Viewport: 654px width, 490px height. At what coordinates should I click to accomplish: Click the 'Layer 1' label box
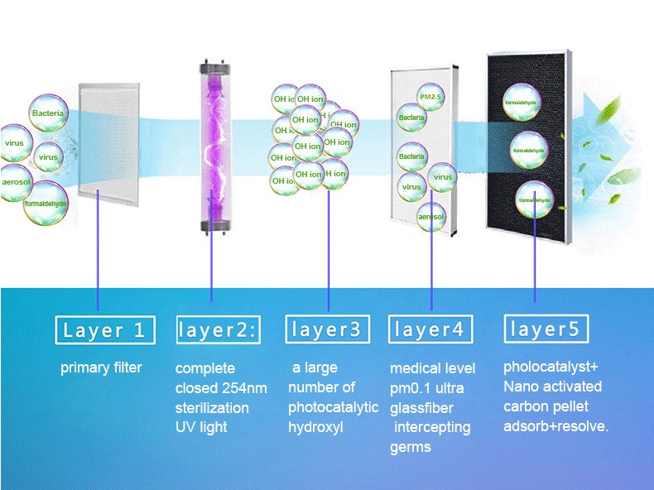coord(104,331)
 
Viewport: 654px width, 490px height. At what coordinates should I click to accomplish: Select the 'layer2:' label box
coord(218,330)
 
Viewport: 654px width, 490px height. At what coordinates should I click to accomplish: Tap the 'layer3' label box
coord(326,329)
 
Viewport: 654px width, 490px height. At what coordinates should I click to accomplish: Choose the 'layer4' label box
coord(430,329)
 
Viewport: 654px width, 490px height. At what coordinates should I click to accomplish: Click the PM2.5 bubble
coord(430,98)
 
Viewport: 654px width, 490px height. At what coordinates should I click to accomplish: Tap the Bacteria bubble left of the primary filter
coord(47,113)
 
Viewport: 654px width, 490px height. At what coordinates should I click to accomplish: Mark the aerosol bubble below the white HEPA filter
coord(431,216)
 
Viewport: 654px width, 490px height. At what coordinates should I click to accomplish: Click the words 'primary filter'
coord(101,367)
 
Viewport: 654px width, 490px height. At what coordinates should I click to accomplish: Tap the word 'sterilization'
coord(212,408)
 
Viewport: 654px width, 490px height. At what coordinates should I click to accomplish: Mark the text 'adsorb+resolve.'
coord(556,426)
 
